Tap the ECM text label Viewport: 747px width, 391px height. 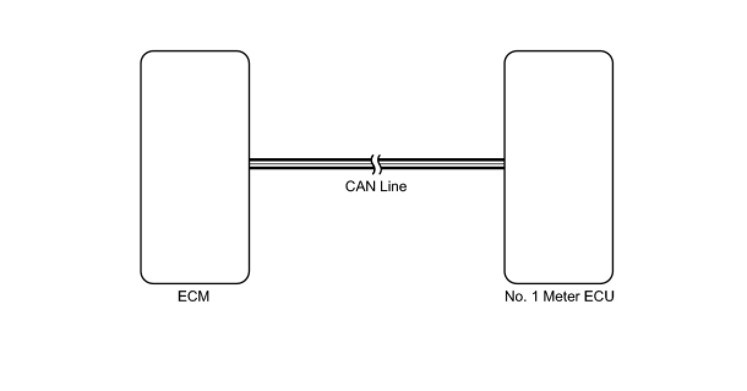pos(193,297)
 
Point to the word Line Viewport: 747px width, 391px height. pos(394,186)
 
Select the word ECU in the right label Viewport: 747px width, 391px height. pos(599,297)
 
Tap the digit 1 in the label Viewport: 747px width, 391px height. pos(535,297)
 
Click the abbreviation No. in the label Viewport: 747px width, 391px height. pos(516,297)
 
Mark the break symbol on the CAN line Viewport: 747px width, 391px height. pos(377,164)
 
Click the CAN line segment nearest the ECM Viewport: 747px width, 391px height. pos(311,164)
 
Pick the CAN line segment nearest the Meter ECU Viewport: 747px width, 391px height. pos(442,164)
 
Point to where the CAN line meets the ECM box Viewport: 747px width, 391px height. pos(250,164)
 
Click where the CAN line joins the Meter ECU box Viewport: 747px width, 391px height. pos(504,164)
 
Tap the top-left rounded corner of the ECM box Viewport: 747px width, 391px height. pos(144,54)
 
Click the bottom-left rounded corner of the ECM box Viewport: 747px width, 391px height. pos(144,280)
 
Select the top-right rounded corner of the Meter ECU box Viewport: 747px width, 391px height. pos(610,54)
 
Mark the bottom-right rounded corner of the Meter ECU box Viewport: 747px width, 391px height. pos(610,280)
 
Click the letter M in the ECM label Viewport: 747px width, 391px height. pos(204,297)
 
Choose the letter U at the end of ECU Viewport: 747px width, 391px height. pos(610,297)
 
